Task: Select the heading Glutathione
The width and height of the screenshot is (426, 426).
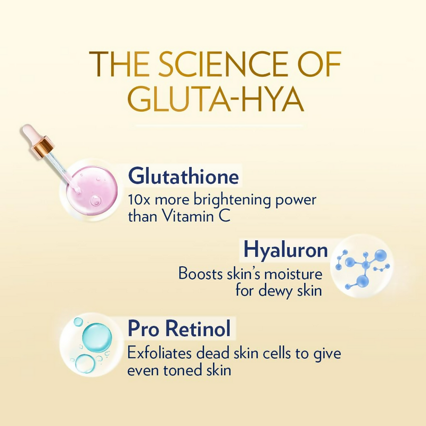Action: point(183,177)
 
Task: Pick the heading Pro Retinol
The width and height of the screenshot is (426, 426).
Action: point(179,329)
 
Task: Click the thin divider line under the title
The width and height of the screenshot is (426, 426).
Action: point(218,126)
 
